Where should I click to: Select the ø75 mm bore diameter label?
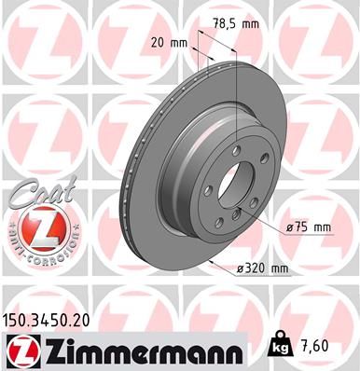pos(309,227)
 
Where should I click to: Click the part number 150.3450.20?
pos(54,319)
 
